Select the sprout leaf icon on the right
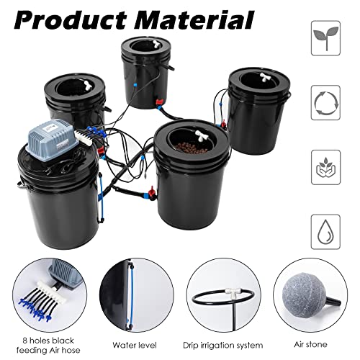[325, 38]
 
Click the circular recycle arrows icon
[325, 102]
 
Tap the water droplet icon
[325, 231]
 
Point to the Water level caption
[135, 344]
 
